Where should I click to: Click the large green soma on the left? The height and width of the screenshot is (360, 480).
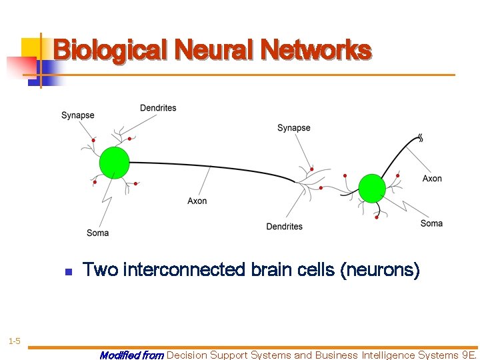tap(114, 162)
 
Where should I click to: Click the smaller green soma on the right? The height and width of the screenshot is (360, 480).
tap(372, 188)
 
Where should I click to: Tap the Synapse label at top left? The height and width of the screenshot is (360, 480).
tap(77, 115)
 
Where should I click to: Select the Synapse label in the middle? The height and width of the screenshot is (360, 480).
tap(293, 128)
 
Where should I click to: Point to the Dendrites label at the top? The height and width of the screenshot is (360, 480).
tap(158, 108)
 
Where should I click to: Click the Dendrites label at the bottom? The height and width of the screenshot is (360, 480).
tap(284, 227)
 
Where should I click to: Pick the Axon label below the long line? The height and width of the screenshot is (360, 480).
tap(197, 201)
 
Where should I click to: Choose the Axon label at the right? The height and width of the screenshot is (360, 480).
tap(432, 179)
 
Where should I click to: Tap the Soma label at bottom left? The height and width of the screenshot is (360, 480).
tap(97, 233)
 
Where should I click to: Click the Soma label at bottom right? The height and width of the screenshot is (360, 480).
tap(431, 223)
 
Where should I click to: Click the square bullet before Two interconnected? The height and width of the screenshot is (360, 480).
tap(68, 272)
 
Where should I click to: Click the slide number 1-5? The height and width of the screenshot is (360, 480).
tap(14, 342)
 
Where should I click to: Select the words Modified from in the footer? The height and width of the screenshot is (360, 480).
tap(131, 355)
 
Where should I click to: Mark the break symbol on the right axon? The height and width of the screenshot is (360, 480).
tap(420, 138)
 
